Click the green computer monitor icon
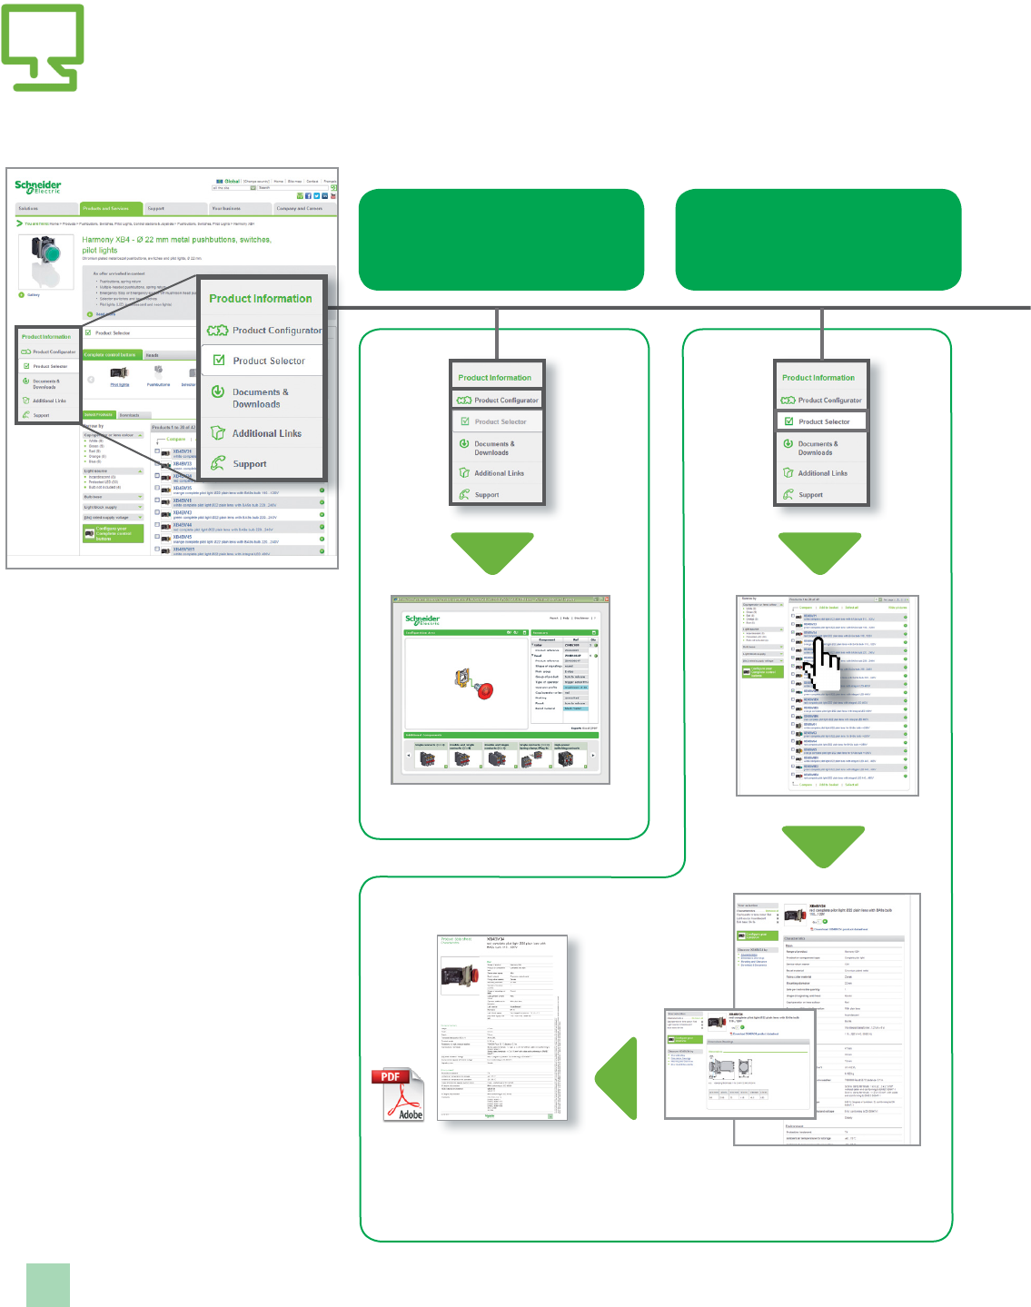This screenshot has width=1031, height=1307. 43,47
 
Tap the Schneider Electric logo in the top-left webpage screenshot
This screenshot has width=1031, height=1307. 38,186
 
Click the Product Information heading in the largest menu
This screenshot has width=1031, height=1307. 260,299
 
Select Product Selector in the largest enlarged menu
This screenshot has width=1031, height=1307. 268,361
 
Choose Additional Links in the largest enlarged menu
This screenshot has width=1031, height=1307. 266,433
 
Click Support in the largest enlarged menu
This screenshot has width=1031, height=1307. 249,464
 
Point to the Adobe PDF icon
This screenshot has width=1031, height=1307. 398,1094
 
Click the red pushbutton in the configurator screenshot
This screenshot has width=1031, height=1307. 485,690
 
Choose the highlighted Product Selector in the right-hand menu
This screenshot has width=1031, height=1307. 822,421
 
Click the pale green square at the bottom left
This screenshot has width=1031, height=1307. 48,1284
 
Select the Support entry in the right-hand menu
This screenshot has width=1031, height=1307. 810,495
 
